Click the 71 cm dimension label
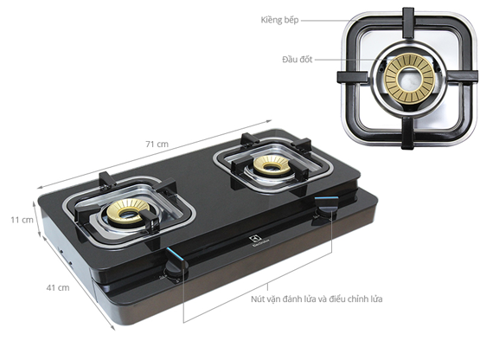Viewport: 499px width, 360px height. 157,145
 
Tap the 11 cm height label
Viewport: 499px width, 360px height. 22,220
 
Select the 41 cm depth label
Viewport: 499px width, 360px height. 58,287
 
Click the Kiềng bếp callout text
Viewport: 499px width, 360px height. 279,20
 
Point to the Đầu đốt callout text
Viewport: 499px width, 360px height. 297,60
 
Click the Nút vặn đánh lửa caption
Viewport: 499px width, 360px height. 317,299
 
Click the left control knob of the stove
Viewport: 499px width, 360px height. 176,268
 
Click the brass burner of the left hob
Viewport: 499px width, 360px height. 128,211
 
